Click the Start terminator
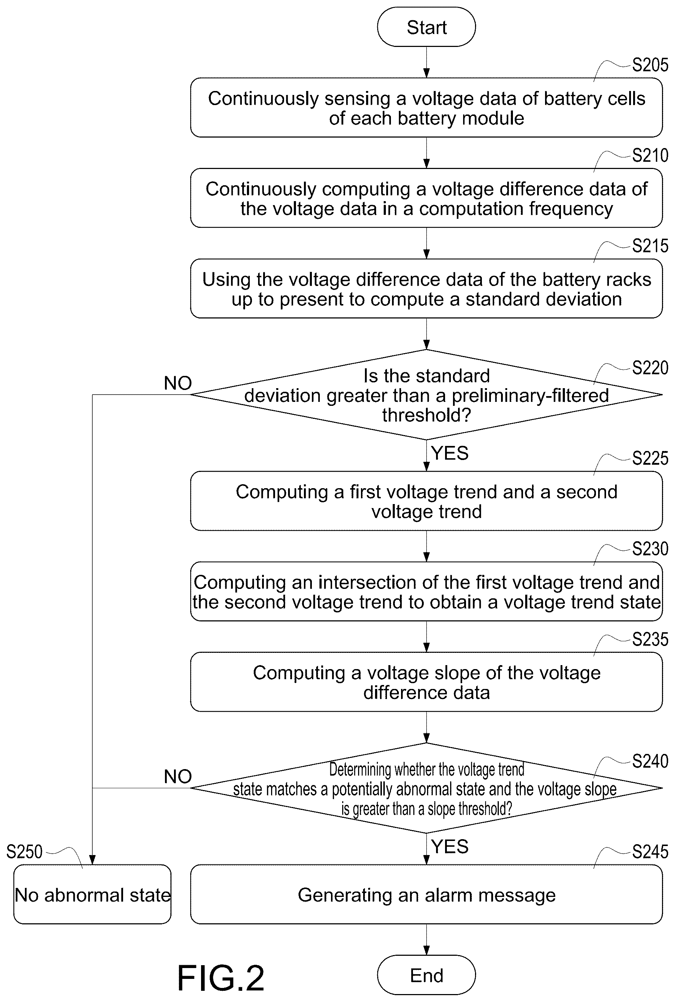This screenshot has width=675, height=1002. coord(426,27)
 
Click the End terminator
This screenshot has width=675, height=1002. coord(426,975)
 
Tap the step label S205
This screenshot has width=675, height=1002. coord(650,65)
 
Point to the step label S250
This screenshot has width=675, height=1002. coord(25,851)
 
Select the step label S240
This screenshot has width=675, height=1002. coord(650,761)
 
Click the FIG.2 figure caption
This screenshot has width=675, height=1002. coord(221,978)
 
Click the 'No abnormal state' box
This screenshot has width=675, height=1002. coord(92,894)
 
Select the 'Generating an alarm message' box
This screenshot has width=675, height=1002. coord(426,894)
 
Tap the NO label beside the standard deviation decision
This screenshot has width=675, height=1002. coord(178,383)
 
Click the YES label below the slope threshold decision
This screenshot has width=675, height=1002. coord(450,846)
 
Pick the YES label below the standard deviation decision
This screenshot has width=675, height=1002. coord(450,453)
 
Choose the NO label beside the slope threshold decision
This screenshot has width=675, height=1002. coord(178,776)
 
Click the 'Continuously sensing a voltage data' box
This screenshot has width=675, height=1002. coord(426,108)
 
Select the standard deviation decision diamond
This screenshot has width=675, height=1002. coord(426,394)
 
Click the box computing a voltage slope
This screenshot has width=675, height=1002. coord(426,682)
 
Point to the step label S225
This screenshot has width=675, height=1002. coord(650,458)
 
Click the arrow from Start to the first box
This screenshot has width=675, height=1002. coord(426,62)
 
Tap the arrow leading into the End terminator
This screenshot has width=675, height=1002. coord(426,940)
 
